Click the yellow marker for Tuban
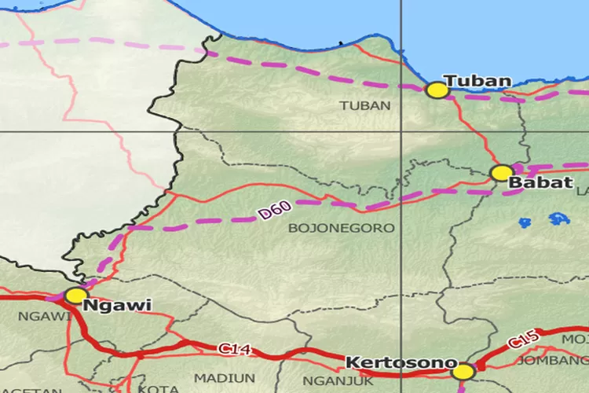click(437, 90)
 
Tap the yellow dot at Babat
click(501, 173)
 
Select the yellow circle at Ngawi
click(75, 296)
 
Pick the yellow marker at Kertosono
click(463, 371)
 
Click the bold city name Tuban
click(477, 80)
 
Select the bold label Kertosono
click(401, 363)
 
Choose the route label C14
click(234, 348)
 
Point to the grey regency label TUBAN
click(365, 105)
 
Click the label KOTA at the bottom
click(153, 388)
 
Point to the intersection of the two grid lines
click(401, 130)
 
